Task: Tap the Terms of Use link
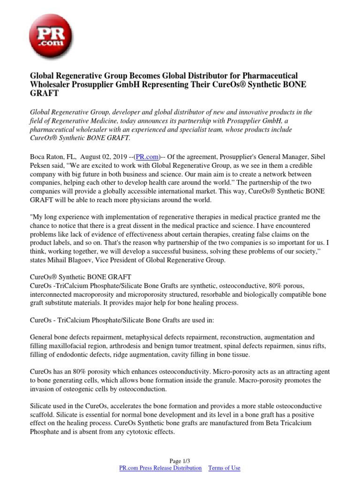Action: [x=224, y=468]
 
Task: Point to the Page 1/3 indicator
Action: [x=180, y=460]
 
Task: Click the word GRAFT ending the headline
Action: [x=45, y=93]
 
